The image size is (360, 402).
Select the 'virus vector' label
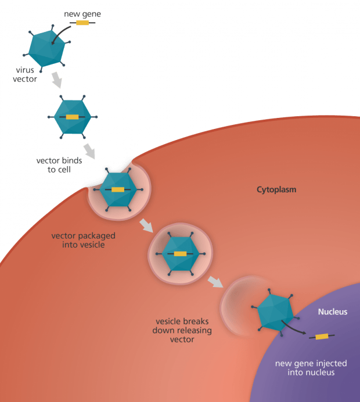(x=26, y=74)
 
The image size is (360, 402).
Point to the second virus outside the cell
(x=73, y=117)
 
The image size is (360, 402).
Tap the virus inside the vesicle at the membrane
(x=118, y=189)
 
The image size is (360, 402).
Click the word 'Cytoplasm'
(x=277, y=189)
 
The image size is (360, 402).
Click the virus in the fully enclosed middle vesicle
(x=180, y=254)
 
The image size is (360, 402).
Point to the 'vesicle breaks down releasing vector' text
(x=182, y=330)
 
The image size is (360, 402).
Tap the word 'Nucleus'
(x=333, y=312)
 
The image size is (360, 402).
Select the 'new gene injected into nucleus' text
(x=311, y=368)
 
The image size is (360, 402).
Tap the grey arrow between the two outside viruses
(x=58, y=80)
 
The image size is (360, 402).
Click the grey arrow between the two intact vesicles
(x=146, y=224)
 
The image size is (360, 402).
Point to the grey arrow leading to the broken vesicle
(x=215, y=281)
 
